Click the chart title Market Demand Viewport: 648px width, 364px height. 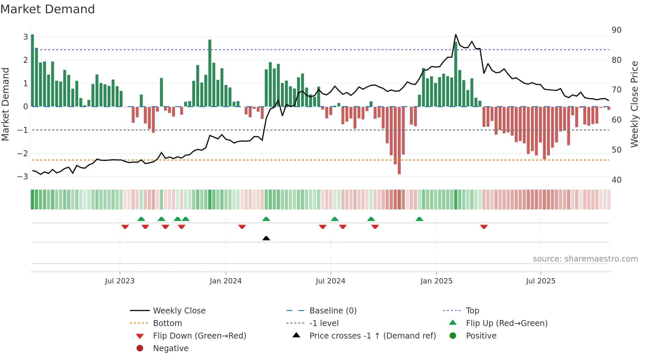(x=48, y=9)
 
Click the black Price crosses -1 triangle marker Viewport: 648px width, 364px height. (x=266, y=238)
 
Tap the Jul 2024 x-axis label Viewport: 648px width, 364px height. (x=330, y=281)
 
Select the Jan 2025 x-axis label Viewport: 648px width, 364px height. (x=436, y=281)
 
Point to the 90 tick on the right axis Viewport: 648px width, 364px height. (x=616, y=30)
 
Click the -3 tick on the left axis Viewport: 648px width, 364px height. (x=22, y=176)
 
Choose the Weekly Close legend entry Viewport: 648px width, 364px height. (x=179, y=310)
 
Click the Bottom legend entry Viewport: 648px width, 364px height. (x=167, y=323)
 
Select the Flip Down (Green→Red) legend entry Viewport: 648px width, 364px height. (x=199, y=336)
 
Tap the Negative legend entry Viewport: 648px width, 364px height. (x=171, y=348)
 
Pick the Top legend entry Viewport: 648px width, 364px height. (x=472, y=310)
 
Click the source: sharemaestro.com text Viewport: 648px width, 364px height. (x=585, y=259)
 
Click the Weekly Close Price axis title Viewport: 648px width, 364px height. (x=634, y=104)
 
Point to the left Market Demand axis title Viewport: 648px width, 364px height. (x=5, y=104)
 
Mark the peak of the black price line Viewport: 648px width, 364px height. (x=456, y=35)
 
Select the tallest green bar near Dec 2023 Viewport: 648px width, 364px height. (x=210, y=73)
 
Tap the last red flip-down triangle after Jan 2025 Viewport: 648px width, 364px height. (x=484, y=227)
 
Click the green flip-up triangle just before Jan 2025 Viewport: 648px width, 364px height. (x=419, y=219)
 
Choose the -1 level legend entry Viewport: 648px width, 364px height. (x=324, y=323)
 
